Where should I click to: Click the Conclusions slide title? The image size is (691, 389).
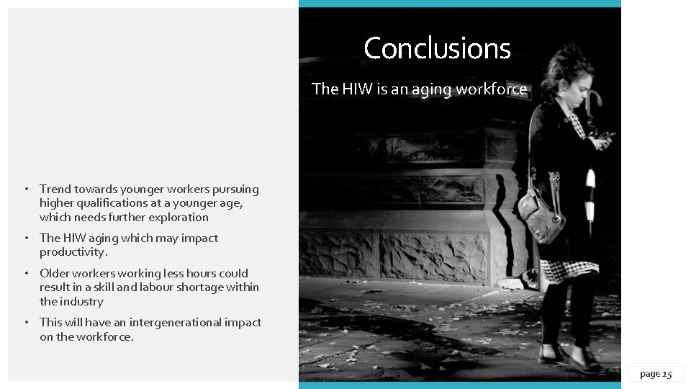(437, 48)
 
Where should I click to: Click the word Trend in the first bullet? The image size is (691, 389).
(55, 189)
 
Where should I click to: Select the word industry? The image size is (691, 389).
(81, 301)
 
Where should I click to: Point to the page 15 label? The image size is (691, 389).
(655, 373)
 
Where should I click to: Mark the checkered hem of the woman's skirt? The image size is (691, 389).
(569, 272)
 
